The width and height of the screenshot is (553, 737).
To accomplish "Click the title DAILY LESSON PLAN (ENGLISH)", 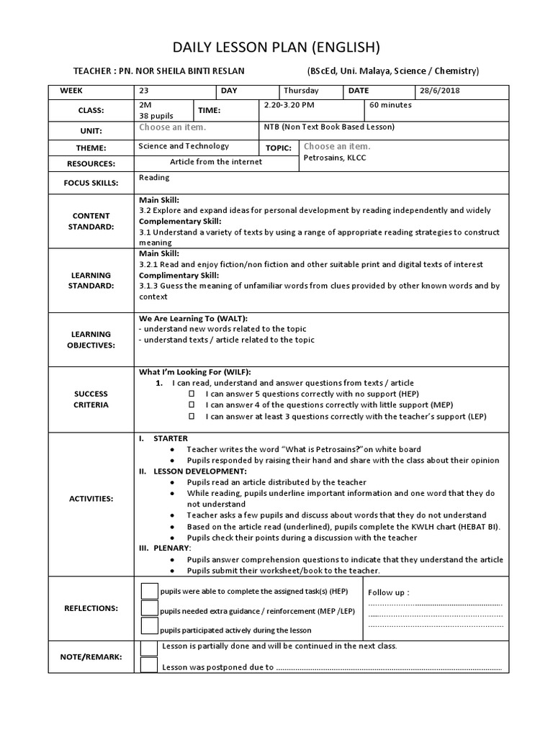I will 276,48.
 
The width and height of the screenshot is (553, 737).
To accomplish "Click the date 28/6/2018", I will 440,91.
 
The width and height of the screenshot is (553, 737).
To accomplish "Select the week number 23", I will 143,91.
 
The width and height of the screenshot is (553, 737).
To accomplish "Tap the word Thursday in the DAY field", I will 301,91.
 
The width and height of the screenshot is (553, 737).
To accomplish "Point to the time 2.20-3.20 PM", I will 289,104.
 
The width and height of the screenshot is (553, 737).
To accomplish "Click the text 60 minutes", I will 391,104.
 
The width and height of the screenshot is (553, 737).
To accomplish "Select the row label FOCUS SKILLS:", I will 91,183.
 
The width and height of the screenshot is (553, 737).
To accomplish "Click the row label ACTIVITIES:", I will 91,498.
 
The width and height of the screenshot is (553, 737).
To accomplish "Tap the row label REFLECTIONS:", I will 91,608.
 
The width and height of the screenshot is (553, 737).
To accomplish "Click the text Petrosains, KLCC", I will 335,158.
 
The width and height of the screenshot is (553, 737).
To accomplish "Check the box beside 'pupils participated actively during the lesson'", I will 149,626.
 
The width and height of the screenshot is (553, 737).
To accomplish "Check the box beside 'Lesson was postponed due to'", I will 149,665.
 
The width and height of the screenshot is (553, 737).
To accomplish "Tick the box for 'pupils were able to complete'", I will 149,591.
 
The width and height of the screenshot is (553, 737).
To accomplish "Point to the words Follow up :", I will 389,592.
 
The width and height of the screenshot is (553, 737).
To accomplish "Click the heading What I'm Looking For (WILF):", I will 194,372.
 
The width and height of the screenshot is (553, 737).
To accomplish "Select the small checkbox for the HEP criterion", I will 192,394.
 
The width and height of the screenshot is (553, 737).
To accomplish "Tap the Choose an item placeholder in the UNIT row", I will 173,127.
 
